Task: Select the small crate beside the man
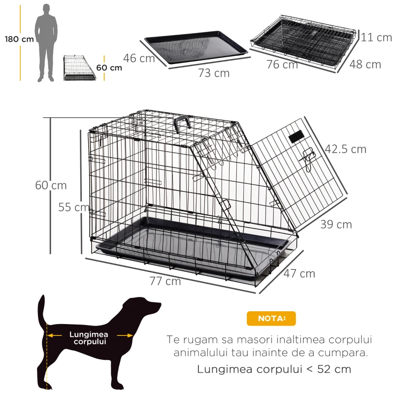pyautogui.click(x=79, y=68)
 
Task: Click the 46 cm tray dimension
pyautogui.click(x=139, y=58)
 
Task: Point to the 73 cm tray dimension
pyautogui.click(x=214, y=73)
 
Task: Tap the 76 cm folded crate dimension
pyautogui.click(x=282, y=64)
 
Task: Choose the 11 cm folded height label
pyautogui.click(x=377, y=37)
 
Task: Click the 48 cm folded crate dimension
pyautogui.click(x=365, y=65)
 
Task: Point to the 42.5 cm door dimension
pyautogui.click(x=345, y=149)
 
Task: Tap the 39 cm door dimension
pyautogui.click(x=336, y=225)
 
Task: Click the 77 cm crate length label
pyautogui.click(x=165, y=281)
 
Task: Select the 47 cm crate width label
pyautogui.click(x=299, y=273)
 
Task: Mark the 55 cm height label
pyautogui.click(x=74, y=207)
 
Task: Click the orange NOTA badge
pyautogui.click(x=271, y=318)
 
